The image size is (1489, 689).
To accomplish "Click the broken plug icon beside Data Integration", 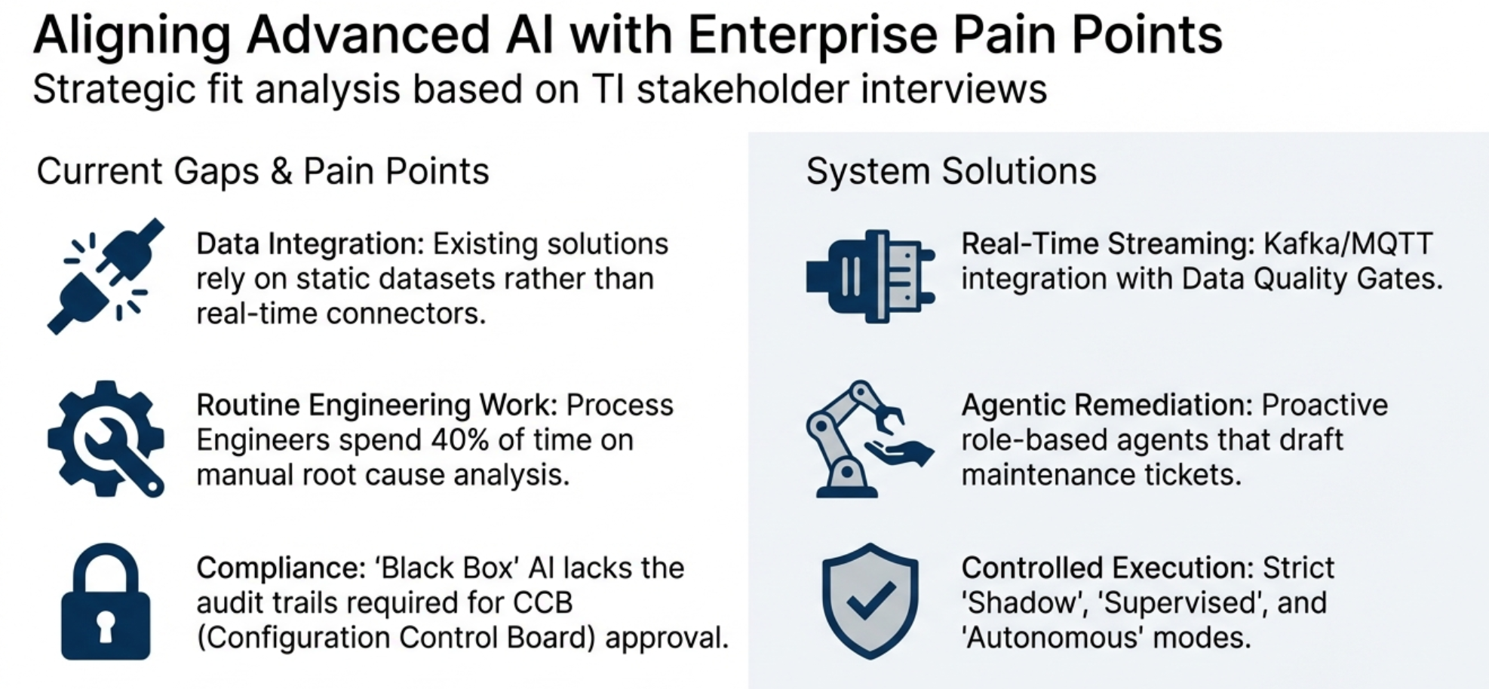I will pos(106,276).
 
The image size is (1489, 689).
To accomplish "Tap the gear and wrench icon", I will pos(106,439).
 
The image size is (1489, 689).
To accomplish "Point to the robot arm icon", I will pos(867,439).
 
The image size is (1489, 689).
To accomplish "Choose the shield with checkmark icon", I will pos(870,602).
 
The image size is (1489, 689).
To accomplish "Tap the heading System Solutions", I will pos(950,171).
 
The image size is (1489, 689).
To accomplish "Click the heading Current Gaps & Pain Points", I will pos(262,171).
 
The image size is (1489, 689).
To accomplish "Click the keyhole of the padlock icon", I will pos(106,626).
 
